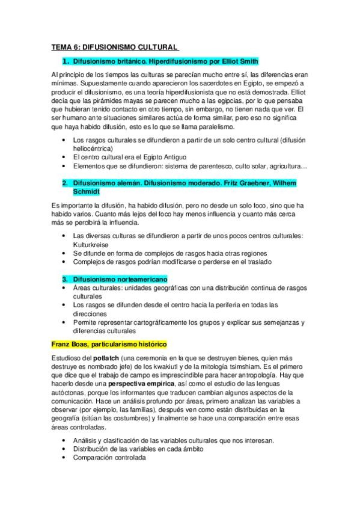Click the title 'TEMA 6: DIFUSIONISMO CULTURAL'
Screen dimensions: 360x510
click(115, 46)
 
